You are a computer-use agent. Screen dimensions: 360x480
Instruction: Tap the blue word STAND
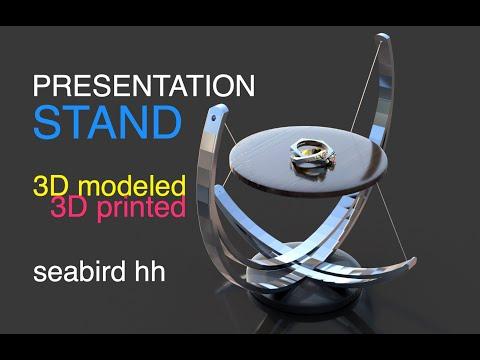click(x=108, y=120)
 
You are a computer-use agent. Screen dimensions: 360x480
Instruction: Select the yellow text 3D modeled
click(x=110, y=186)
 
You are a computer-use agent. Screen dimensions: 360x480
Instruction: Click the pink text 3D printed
click(x=118, y=208)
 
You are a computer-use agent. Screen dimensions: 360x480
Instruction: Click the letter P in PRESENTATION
click(x=42, y=85)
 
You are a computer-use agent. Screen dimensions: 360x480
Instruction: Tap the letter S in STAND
click(x=47, y=120)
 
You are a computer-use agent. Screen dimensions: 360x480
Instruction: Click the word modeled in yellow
click(x=132, y=186)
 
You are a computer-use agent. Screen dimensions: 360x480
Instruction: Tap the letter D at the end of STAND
click(x=168, y=120)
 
